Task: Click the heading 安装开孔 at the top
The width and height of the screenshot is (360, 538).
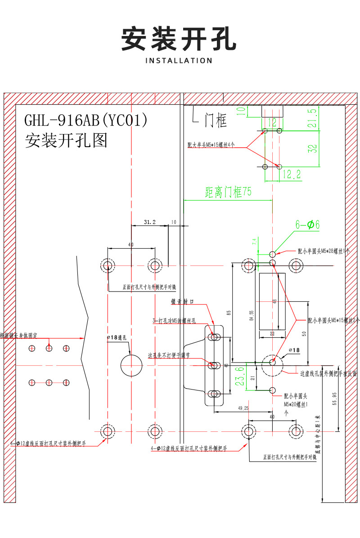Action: [179, 39]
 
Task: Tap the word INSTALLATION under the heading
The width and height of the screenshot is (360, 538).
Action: [179, 60]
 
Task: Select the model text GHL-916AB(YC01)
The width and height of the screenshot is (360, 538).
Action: [85, 120]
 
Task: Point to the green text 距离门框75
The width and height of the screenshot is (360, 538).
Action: [228, 193]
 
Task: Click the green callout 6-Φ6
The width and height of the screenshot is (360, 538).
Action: [307, 225]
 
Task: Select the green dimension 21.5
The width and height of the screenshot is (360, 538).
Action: [312, 118]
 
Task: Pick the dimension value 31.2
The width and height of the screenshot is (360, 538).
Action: [149, 222]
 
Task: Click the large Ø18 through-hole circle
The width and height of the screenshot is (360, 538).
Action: [131, 364]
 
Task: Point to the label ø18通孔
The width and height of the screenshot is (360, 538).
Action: [117, 337]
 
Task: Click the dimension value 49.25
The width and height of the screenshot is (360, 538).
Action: [243, 408]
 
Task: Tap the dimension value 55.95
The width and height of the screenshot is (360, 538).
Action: [334, 399]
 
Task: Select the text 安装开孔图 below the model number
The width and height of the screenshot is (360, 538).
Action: [66, 141]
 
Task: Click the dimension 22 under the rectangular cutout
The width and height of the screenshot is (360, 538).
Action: [272, 333]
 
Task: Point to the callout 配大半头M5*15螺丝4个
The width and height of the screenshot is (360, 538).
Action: [211, 145]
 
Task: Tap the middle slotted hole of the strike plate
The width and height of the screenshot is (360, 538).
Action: [214, 365]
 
